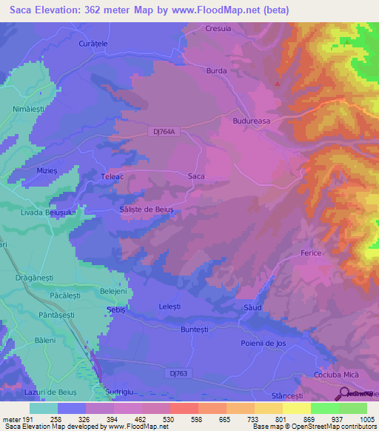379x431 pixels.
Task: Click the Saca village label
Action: tap(196, 176)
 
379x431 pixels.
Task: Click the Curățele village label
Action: tap(93, 44)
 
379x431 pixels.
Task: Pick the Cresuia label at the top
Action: tap(218, 29)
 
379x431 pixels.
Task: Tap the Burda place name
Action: tap(216, 71)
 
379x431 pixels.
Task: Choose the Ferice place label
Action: tap(311, 253)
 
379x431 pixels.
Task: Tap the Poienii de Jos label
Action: tap(264, 343)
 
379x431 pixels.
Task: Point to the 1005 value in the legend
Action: tap(366, 419)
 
